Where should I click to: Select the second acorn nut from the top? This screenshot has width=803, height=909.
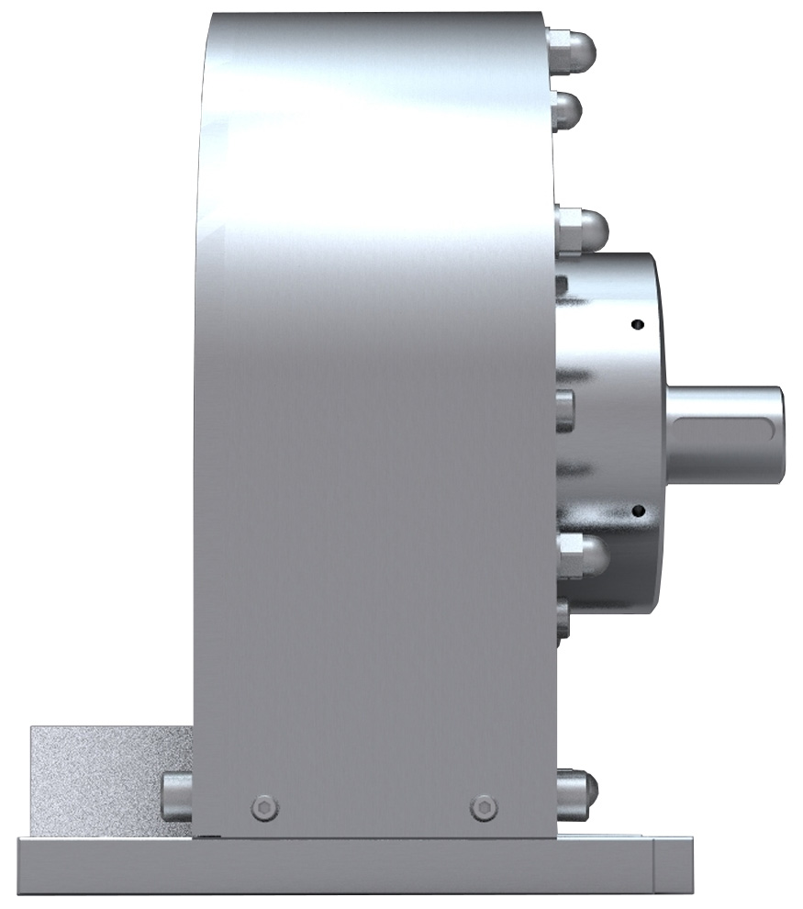pyautogui.click(x=568, y=111)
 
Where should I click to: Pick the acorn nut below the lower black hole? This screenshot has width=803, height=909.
pyautogui.click(x=580, y=555)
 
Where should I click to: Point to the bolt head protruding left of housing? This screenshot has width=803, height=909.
pyautogui.click(x=176, y=795)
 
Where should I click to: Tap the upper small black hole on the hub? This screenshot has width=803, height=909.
pyautogui.click(x=639, y=324)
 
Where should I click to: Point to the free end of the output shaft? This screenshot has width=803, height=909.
pyautogui.click(x=780, y=433)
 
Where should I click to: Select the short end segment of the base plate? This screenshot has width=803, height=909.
pyautogui.click(x=675, y=863)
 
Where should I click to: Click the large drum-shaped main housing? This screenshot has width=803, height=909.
pyautogui.click(x=376, y=413)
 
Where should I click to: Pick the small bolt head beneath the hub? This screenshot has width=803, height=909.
pyautogui.click(x=563, y=620)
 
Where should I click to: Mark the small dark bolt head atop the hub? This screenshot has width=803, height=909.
pyautogui.click(x=562, y=286)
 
